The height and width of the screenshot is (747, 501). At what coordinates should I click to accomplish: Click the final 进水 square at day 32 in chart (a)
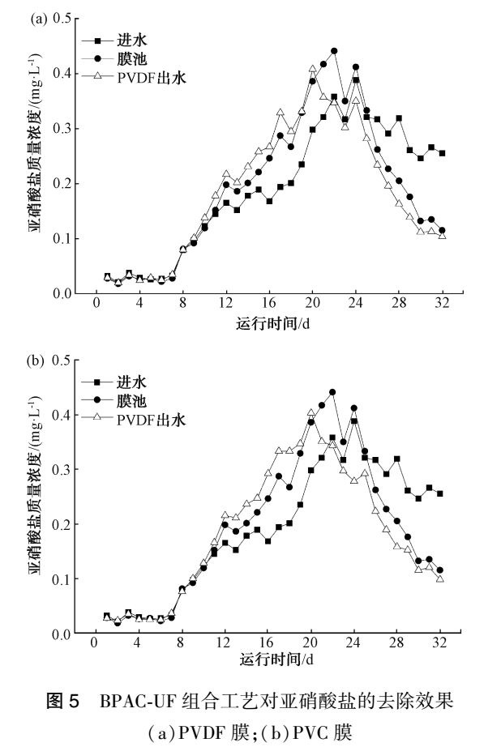(442, 153)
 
